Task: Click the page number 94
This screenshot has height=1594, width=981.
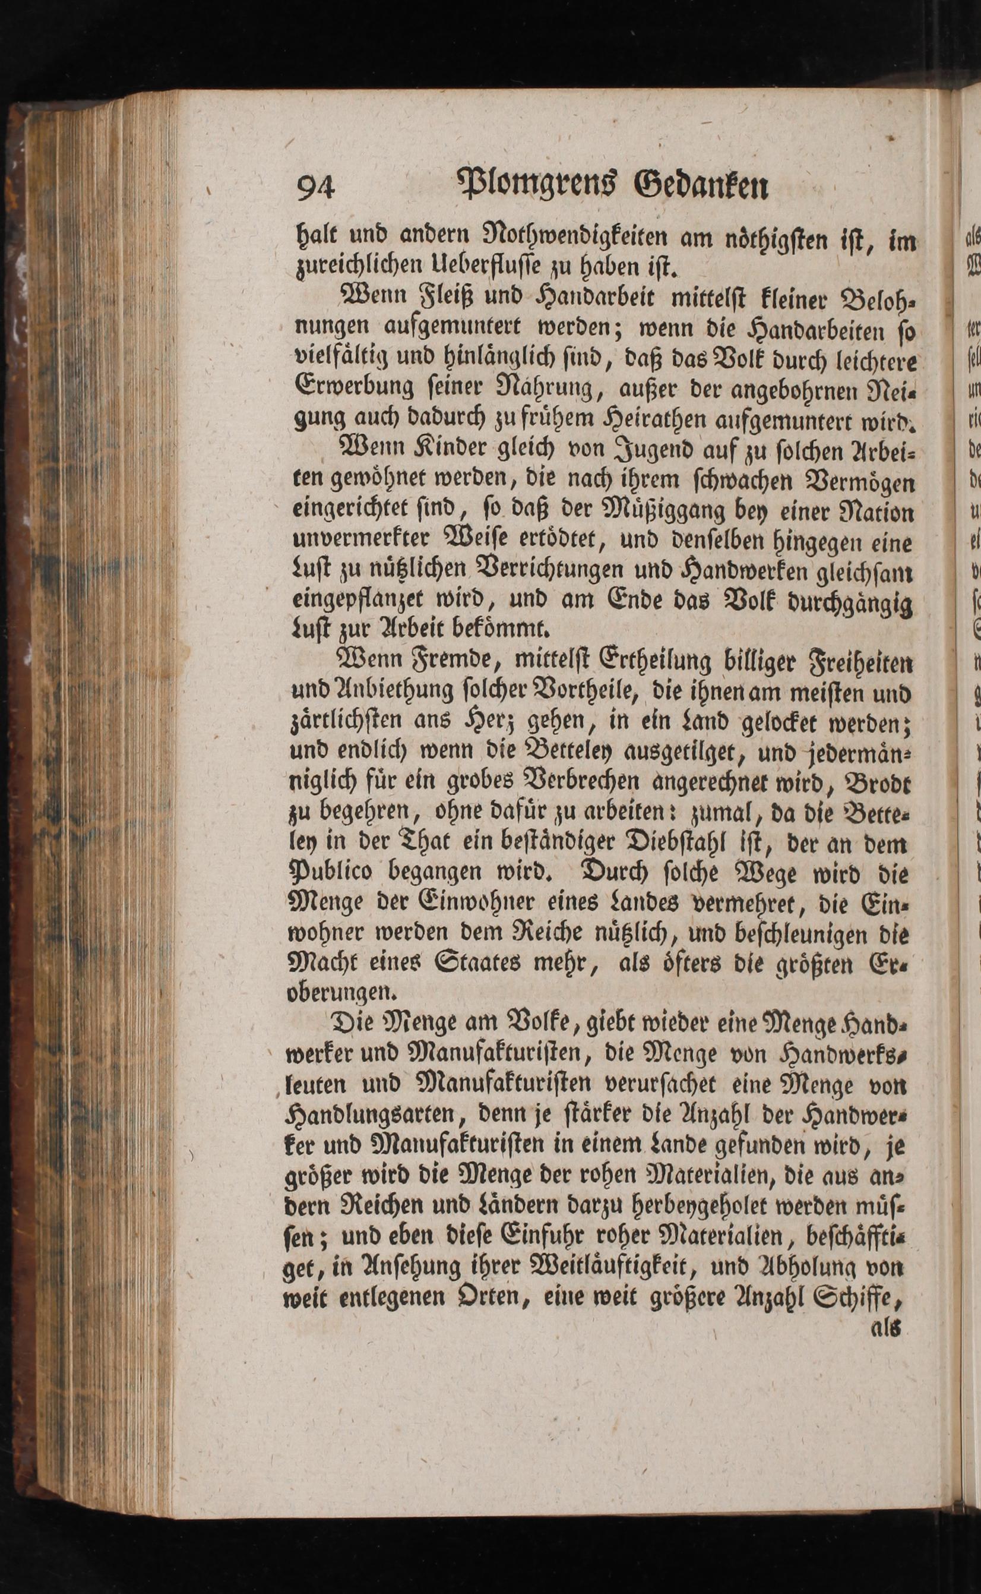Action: (315, 189)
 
